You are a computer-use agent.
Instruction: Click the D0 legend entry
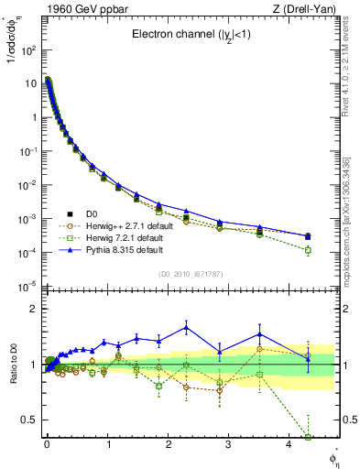92,214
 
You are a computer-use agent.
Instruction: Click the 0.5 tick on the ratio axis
27,420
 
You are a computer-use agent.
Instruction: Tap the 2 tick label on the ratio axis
32,309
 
